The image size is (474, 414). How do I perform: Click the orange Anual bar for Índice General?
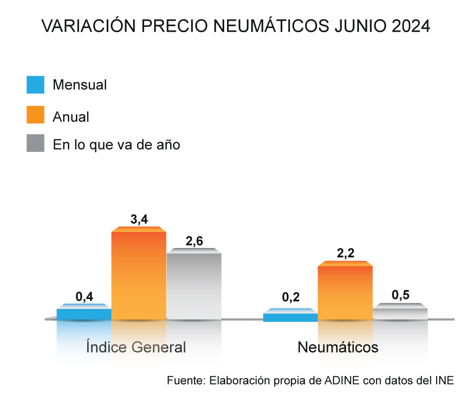138,274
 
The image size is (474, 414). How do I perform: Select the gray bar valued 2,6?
194,285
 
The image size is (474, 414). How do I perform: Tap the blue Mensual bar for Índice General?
84,314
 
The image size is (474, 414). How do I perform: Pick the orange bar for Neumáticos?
345,292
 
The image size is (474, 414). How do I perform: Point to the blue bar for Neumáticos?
290,317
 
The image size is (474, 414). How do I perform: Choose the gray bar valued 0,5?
400,313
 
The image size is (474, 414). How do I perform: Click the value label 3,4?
139,220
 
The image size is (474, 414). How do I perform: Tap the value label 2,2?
346,254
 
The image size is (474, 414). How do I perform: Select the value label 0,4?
84,297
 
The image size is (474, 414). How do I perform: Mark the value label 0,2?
291,297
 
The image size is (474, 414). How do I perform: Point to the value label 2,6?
194,241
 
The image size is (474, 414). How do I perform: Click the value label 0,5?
401,296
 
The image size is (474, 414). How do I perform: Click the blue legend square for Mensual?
36,85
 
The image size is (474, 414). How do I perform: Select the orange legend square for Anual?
36,115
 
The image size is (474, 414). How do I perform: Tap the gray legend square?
36,143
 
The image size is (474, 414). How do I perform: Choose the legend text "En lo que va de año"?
117,144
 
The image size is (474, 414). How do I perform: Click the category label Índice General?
136,347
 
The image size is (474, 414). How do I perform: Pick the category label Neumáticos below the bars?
338,347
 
